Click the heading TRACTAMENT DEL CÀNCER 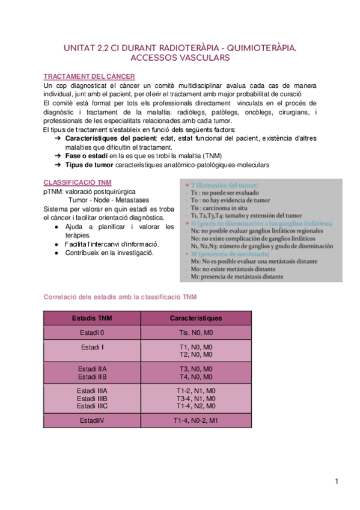pos(89,76)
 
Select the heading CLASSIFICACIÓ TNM pos(77,182)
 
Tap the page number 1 pos(338,482)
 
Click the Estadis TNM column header pos(91,318)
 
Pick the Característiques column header pos(197,318)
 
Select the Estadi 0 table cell pos(91,333)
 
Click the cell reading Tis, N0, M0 pos(197,333)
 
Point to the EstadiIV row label pos(91,420)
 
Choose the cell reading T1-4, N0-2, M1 pos(197,420)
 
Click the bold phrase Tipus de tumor pos(89,165)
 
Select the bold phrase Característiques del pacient pos(108,139)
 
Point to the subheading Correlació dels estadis pos(120,297)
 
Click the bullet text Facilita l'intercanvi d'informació pos(112,244)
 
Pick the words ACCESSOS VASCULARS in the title pos(180,58)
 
